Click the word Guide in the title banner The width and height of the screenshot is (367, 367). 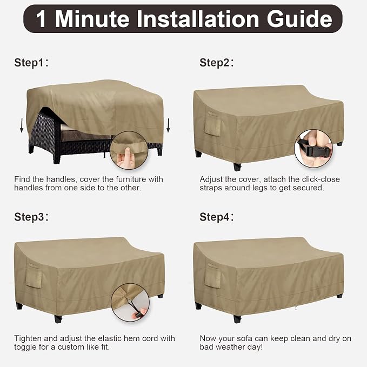(x=299, y=19)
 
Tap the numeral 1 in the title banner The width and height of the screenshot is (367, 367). (x=41, y=19)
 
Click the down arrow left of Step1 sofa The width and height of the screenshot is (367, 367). (x=22, y=125)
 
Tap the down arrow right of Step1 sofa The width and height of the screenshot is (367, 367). (x=168, y=125)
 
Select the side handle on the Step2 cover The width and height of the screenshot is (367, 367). (x=212, y=124)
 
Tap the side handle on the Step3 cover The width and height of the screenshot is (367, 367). (x=33, y=276)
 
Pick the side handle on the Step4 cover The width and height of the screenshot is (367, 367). (x=212, y=276)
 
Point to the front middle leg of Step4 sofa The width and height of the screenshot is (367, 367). (x=237, y=319)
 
